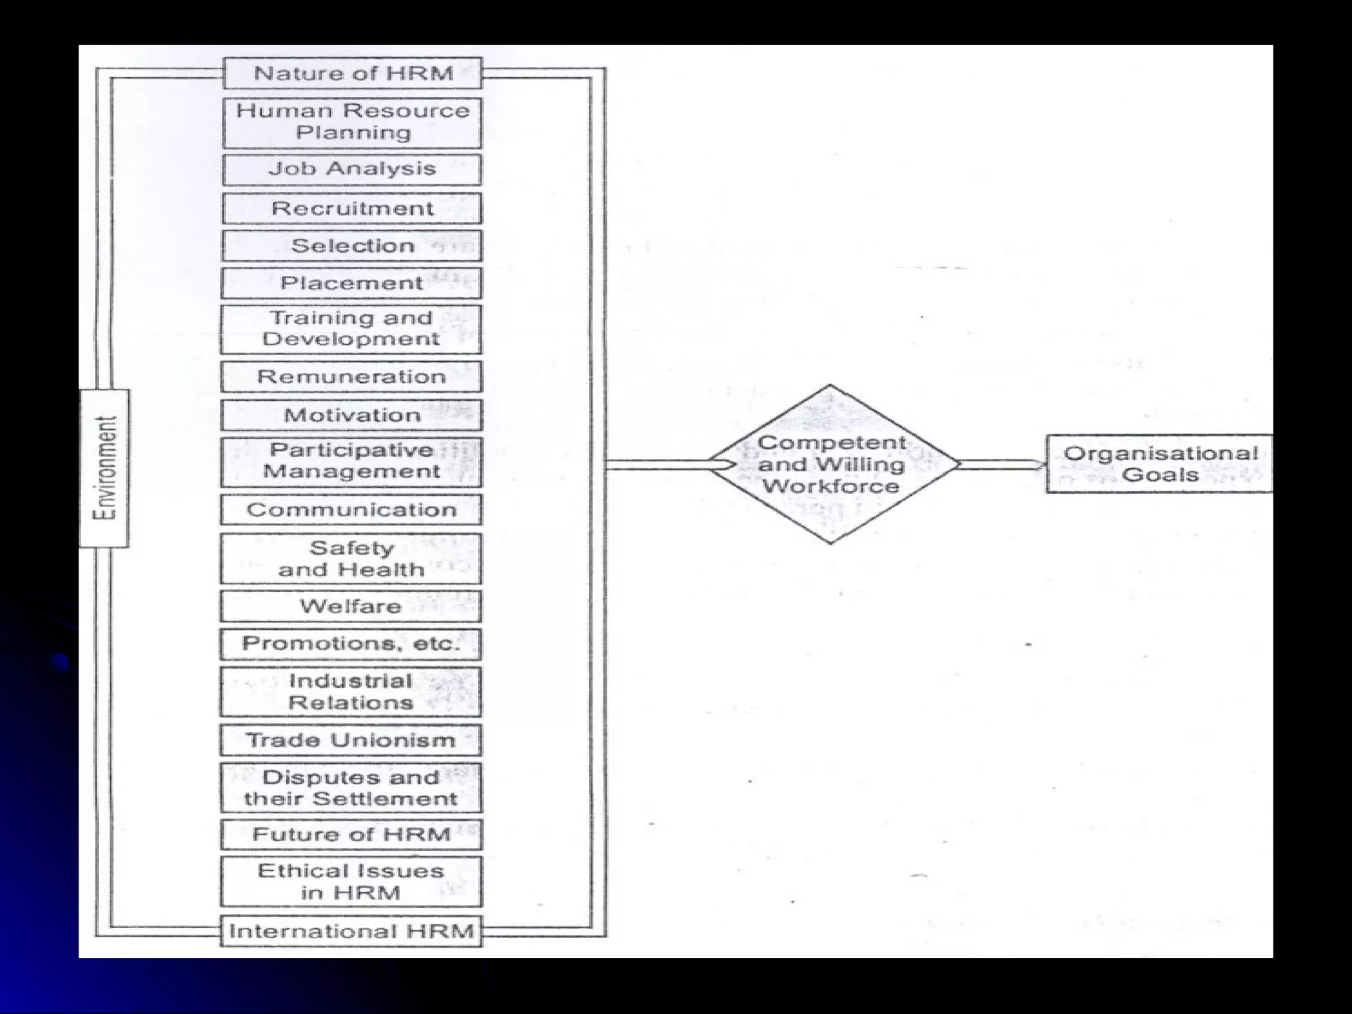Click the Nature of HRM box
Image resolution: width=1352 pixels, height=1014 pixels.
click(353, 73)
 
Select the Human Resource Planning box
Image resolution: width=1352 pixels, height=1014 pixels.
click(353, 122)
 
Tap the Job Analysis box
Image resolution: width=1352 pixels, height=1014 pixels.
click(353, 170)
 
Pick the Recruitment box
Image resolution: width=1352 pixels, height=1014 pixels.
click(353, 209)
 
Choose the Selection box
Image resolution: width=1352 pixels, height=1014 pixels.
click(353, 246)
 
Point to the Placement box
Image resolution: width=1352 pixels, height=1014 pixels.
click(353, 283)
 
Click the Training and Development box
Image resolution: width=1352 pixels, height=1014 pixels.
click(351, 329)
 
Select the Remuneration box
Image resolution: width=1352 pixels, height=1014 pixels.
click(351, 377)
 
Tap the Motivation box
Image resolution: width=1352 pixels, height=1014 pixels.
click(351, 415)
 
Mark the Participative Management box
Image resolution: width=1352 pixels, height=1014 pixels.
click(351, 461)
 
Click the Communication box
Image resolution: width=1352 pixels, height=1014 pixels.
click(351, 510)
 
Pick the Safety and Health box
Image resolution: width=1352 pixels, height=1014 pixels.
click(351, 558)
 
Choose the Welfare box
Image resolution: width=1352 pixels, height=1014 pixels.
click(351, 606)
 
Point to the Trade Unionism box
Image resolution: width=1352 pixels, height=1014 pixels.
click(351, 740)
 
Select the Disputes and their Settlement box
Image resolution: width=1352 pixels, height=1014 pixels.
click(351, 788)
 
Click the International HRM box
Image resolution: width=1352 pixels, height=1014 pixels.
click(351, 931)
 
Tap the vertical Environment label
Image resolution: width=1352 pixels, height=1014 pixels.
click(104, 467)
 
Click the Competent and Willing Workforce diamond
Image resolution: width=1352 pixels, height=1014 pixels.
click(831, 464)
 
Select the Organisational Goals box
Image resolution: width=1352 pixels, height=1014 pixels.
click(1159, 463)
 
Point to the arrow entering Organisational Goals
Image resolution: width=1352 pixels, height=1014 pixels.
click(1003, 464)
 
